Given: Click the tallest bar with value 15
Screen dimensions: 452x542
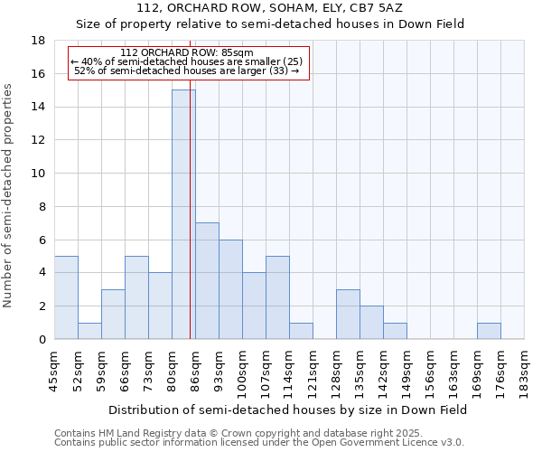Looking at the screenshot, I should [183, 214].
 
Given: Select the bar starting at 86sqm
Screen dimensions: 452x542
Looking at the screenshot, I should [207, 280].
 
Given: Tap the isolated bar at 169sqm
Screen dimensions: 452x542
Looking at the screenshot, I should [489, 331].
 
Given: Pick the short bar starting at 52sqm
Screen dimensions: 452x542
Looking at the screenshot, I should [89, 331].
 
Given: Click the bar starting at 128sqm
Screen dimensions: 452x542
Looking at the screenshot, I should [348, 314].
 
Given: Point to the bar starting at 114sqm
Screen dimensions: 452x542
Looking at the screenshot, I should [301, 331].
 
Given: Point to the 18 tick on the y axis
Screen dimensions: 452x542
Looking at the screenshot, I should [39, 41].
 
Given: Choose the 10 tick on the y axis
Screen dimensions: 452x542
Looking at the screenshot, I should [39, 174].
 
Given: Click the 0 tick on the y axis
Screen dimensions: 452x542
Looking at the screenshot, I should [42, 339].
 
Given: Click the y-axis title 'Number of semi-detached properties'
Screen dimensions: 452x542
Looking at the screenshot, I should [9, 195].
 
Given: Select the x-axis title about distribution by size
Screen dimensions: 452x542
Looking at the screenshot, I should [287, 410].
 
